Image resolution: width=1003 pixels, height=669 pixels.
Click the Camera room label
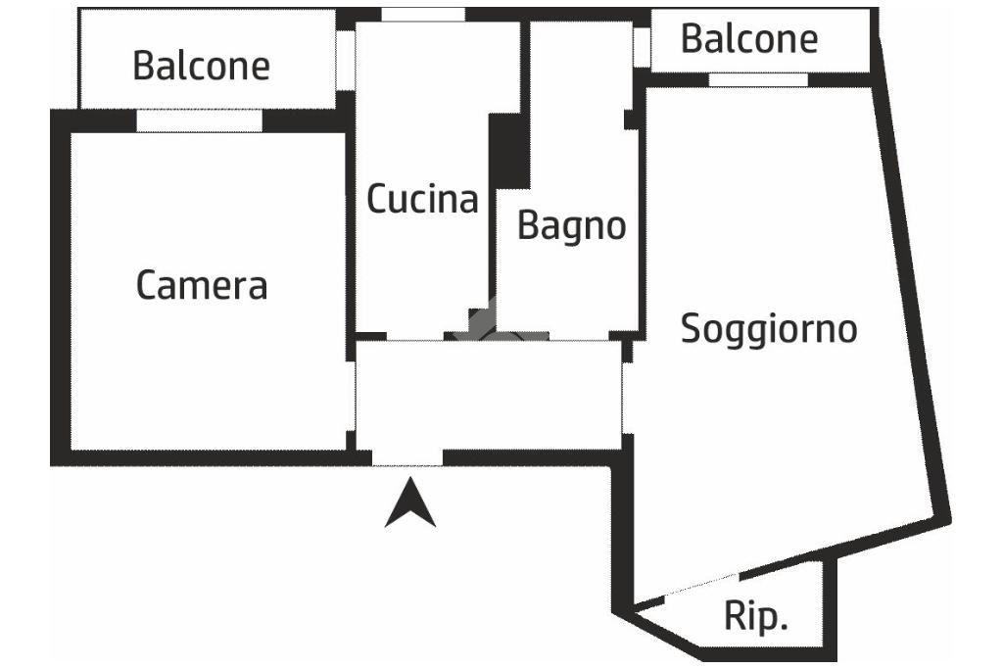coord(202,285)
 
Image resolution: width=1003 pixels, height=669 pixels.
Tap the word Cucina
coord(422,198)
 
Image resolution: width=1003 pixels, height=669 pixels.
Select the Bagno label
coord(571,226)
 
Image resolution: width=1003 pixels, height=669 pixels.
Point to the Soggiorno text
coord(768,330)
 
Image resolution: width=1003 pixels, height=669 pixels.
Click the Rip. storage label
coord(755,616)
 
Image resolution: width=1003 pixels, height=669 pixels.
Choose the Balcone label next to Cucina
coord(202,66)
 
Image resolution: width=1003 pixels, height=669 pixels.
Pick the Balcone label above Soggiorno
coord(749,38)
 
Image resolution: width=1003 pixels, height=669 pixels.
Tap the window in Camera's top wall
coord(200,120)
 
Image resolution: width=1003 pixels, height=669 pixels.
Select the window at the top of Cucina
coord(423,14)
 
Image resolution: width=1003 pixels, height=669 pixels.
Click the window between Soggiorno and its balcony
coord(758,79)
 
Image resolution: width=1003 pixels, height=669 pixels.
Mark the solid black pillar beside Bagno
coord(509,152)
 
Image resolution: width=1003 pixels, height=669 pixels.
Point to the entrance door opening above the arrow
coord(407,457)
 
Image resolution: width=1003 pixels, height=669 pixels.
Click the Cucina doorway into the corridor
coord(415,336)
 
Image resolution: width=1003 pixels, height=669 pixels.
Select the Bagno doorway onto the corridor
coord(579,336)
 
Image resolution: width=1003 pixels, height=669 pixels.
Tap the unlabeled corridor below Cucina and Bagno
coord(489,395)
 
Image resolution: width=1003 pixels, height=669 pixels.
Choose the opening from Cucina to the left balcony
coord(346,60)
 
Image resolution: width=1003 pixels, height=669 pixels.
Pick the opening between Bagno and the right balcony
coord(642,47)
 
